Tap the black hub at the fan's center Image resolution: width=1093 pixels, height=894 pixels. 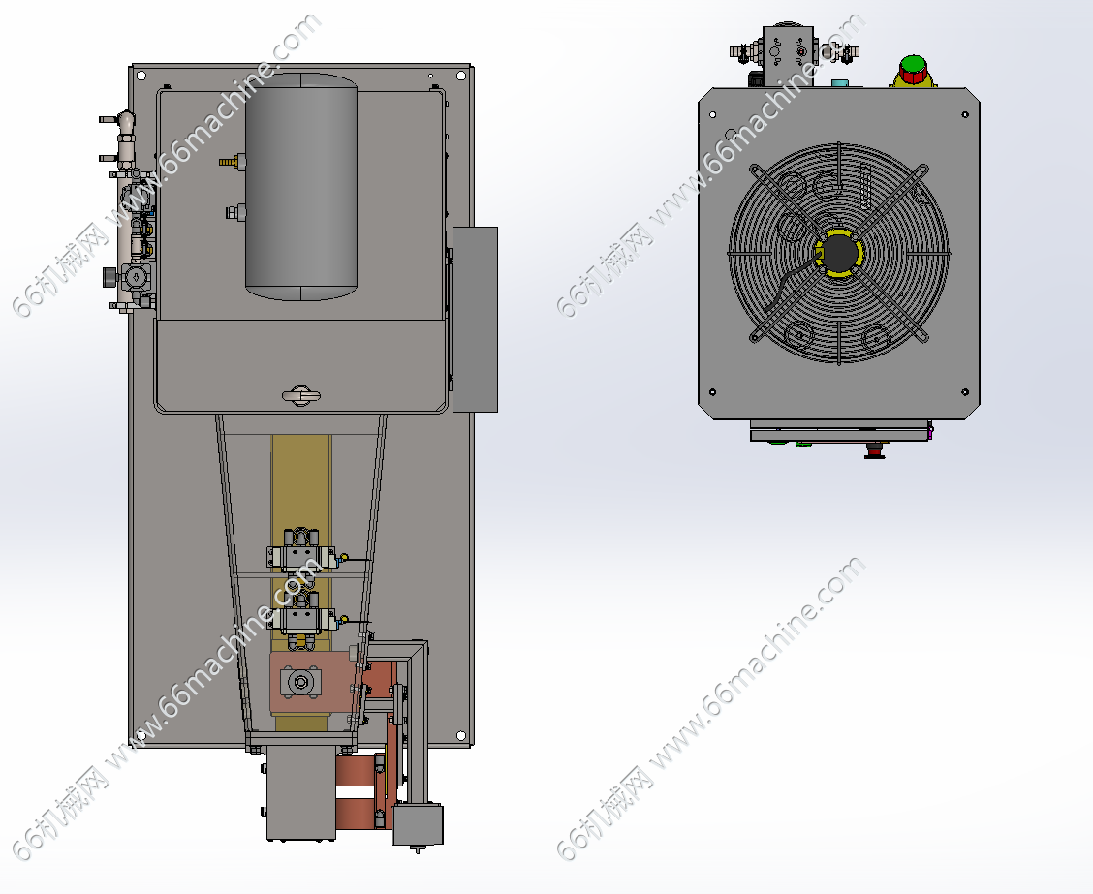point(840,253)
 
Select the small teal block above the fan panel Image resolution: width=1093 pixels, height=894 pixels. point(841,84)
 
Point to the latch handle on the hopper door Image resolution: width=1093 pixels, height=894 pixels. point(301,396)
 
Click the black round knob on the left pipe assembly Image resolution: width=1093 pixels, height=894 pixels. point(110,277)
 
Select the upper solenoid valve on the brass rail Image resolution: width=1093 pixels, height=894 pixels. point(301,552)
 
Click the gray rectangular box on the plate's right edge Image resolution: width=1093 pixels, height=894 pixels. point(475,320)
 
